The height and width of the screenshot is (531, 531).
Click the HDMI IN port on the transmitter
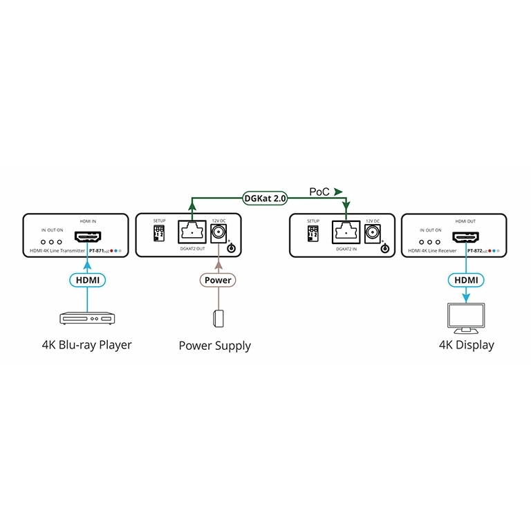[88, 236]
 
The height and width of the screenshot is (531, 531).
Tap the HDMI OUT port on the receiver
[466, 236]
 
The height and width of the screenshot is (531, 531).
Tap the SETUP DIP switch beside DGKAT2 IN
[313, 232]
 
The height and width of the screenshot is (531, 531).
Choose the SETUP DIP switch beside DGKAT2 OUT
[159, 232]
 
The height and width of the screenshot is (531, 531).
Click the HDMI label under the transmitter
[88, 280]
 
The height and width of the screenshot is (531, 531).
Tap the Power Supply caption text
[215, 346]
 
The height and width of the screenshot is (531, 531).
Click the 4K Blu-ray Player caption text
[86, 344]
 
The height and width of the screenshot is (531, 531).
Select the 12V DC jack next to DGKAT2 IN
[374, 232]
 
